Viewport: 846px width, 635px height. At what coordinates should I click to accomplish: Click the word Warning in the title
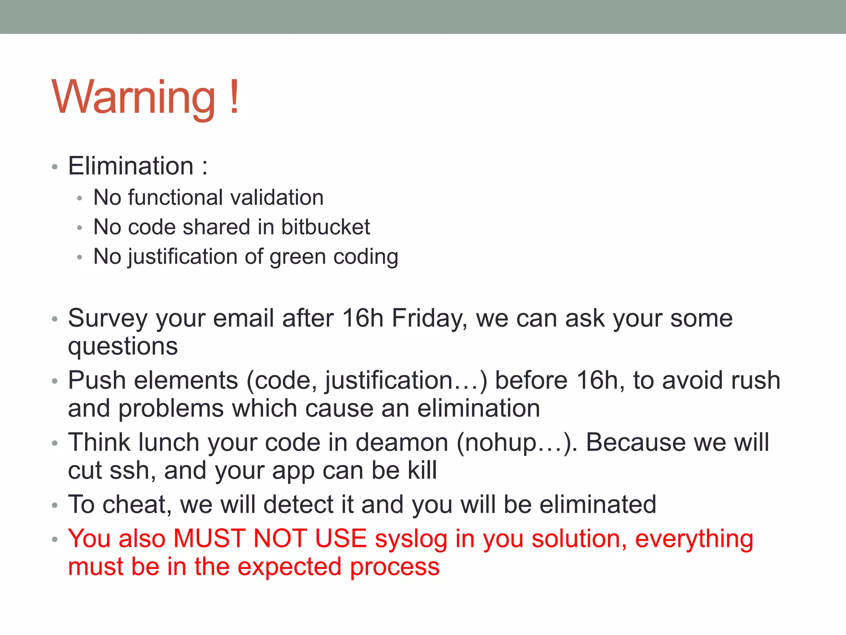(133, 98)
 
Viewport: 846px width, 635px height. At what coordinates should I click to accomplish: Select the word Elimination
(131, 166)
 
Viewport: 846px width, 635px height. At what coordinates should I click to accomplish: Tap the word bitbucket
(326, 227)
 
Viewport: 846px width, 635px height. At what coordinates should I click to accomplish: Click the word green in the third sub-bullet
(298, 257)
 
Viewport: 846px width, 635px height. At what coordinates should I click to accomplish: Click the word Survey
(108, 319)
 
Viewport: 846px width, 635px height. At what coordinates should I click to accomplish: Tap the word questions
(123, 346)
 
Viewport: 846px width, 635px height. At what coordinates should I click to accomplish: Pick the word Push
(97, 380)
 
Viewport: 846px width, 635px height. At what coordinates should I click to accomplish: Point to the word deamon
(402, 442)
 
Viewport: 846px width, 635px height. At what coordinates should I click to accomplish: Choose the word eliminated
(598, 505)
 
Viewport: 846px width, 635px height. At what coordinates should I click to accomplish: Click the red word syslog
(411, 540)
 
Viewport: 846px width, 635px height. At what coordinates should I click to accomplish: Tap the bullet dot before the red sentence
(55, 540)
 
